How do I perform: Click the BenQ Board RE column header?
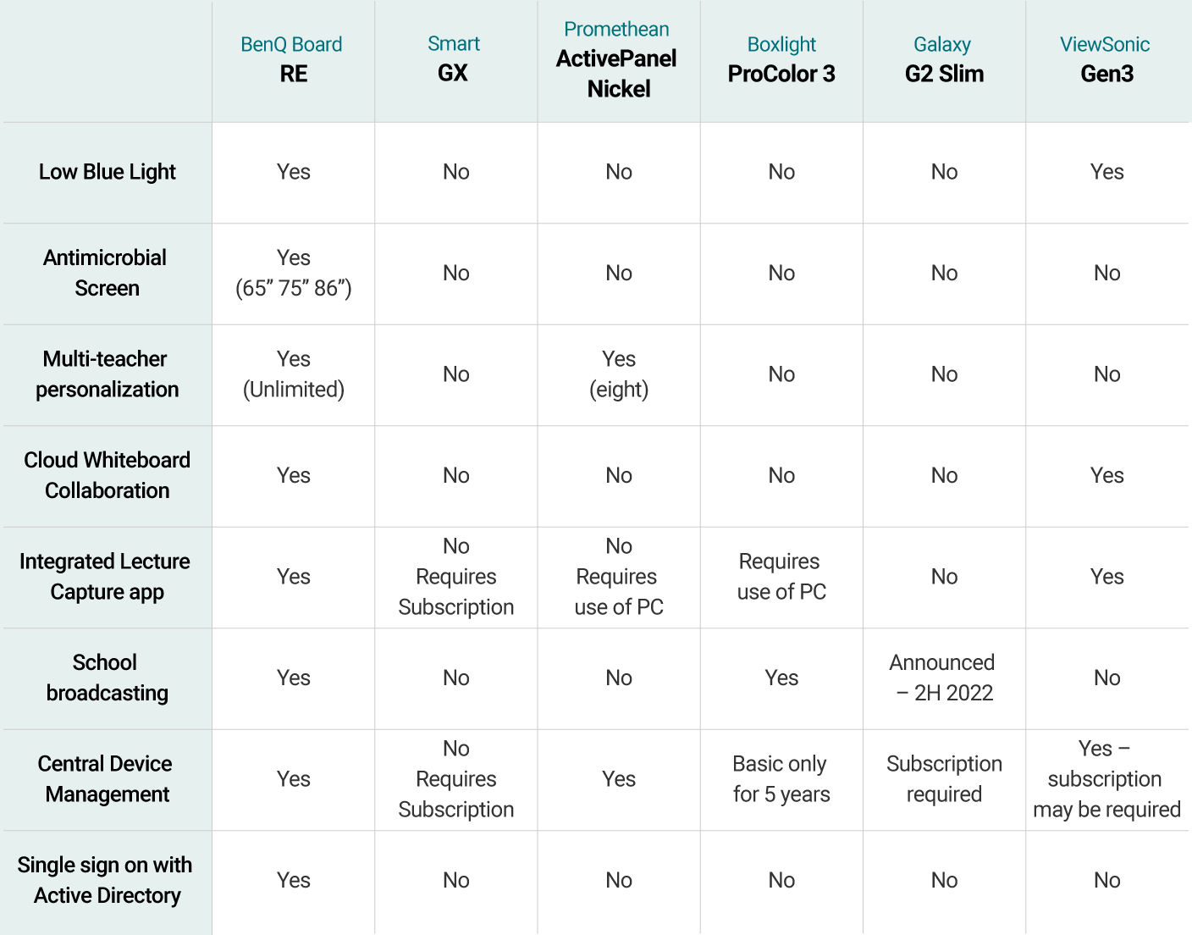[293, 59]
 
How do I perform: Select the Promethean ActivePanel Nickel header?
[618, 59]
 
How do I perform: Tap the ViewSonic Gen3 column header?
[1106, 59]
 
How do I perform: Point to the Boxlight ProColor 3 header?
[781, 59]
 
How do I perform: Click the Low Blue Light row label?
[108, 172]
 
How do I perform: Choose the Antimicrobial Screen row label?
[106, 273]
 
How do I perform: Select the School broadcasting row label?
[107, 678]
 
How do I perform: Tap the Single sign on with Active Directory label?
[106, 880]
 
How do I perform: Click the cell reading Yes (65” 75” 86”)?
[293, 273]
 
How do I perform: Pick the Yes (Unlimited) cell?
[293, 374]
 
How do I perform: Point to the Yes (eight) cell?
[619, 374]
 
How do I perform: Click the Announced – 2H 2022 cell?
[943, 678]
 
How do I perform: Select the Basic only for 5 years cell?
[781, 779]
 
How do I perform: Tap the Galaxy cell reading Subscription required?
[943, 779]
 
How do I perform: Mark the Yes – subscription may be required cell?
[1106, 779]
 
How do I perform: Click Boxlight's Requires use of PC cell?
[781, 577]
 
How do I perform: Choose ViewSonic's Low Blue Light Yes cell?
[1106, 172]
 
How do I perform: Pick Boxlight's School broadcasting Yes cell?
[781, 678]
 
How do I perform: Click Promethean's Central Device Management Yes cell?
[619, 779]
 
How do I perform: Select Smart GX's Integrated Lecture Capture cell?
[455, 577]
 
